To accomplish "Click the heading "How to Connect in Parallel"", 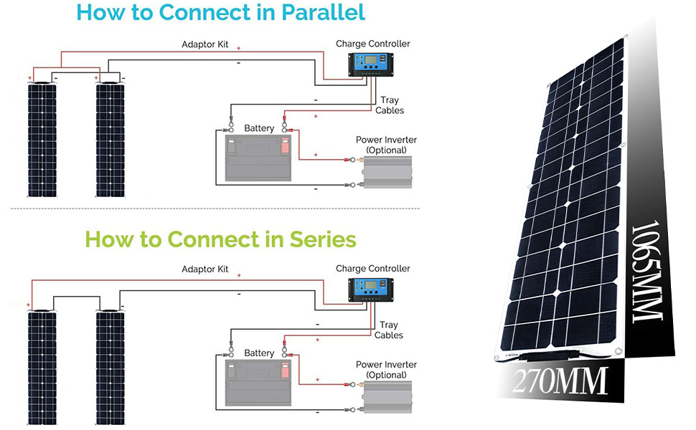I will (220, 12).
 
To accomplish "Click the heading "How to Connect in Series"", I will (220, 239).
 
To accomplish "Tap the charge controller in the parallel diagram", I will (372, 65).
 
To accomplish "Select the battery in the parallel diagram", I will (258, 158).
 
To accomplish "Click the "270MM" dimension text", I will (560, 381).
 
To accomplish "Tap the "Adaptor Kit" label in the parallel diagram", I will (204, 44).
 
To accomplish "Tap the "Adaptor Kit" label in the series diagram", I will (204, 269).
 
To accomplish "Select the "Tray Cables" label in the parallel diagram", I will (390, 105).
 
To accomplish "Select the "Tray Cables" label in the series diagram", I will (389, 330).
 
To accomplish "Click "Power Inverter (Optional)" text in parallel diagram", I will (386, 145).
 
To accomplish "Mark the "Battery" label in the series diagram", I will (259, 353).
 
